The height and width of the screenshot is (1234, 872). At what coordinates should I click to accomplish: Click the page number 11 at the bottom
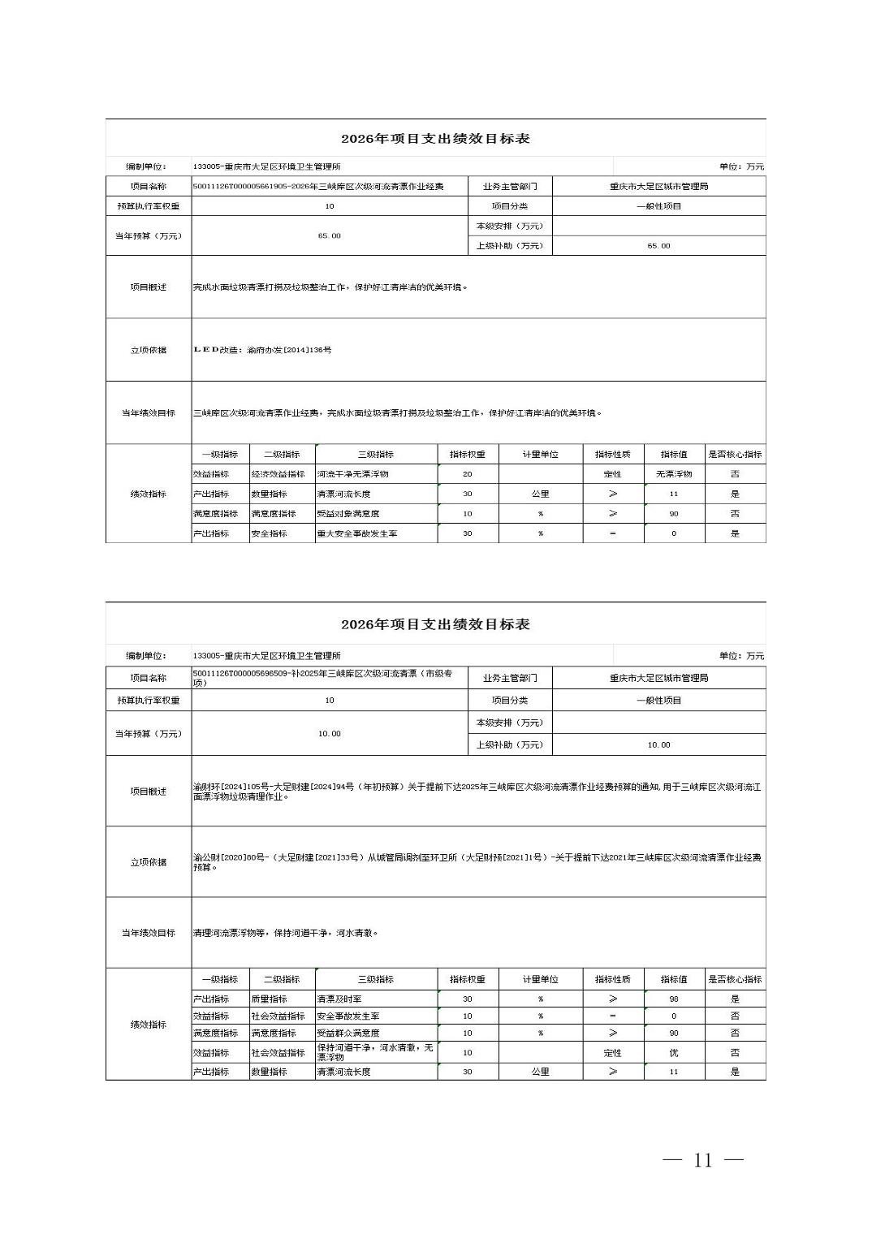click(x=703, y=1160)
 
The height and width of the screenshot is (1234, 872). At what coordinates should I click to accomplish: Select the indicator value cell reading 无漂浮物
click(x=674, y=474)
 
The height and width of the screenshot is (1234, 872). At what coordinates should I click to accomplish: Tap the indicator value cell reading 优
click(x=674, y=1052)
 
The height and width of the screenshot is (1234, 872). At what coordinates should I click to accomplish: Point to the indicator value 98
click(x=674, y=999)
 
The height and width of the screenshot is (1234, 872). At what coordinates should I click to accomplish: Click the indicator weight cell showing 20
click(x=467, y=474)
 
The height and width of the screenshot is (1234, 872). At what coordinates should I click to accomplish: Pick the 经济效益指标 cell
click(x=278, y=474)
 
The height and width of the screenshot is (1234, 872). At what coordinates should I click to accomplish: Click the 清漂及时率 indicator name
click(x=339, y=999)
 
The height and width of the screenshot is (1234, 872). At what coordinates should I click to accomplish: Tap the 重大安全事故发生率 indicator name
click(x=357, y=533)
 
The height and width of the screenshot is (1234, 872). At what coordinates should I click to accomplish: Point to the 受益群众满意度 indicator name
click(x=348, y=1033)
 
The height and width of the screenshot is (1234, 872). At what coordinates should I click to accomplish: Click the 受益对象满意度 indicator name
click(x=348, y=514)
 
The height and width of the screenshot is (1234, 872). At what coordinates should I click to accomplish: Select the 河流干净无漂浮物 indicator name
click(x=353, y=474)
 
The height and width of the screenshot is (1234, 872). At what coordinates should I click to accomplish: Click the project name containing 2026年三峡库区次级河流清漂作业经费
click(x=318, y=187)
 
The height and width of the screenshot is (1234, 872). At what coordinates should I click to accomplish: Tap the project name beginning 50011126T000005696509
click(x=322, y=678)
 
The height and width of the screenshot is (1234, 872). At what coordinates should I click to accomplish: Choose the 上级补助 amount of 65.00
click(x=658, y=246)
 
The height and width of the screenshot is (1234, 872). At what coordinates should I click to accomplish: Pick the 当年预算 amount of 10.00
click(x=329, y=734)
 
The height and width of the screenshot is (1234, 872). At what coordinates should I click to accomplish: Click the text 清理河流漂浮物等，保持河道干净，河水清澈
click(x=286, y=934)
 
